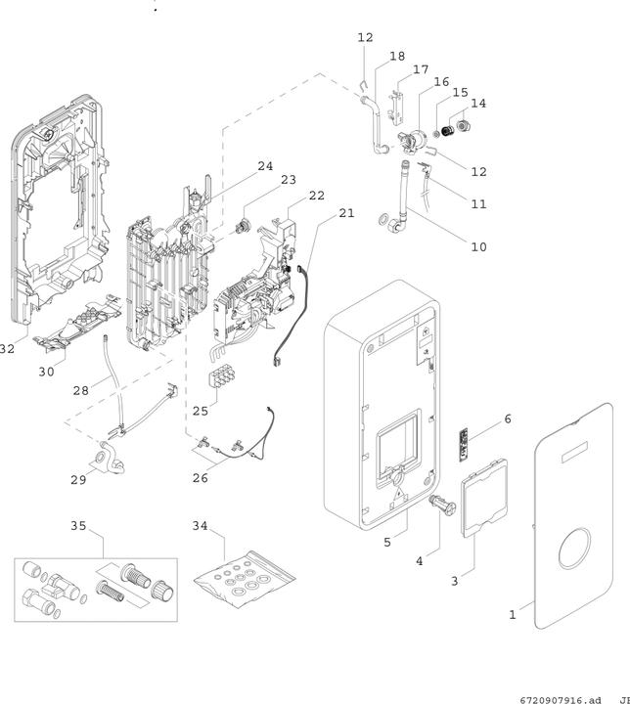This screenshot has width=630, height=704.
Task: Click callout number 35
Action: pos(78,526)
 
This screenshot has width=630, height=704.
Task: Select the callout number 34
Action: pos(201,526)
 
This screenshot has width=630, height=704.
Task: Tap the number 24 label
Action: pos(265,166)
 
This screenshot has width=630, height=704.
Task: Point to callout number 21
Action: pos(347,212)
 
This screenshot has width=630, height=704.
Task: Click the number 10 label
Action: pos(477,247)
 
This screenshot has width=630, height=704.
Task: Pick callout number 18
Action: pos(396,57)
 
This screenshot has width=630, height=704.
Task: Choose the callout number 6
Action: pos(507,418)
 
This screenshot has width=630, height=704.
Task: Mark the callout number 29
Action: pos(79,480)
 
